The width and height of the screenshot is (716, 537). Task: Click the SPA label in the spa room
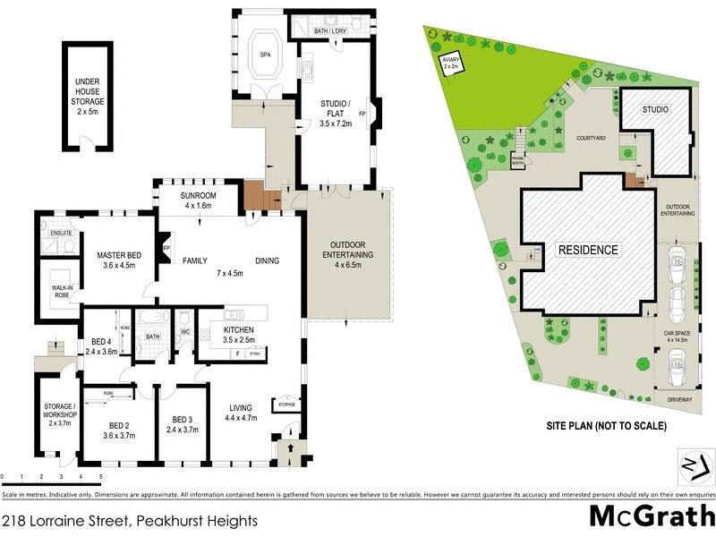266,55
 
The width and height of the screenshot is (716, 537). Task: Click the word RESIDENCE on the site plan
588,250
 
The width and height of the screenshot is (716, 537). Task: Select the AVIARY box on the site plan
449,63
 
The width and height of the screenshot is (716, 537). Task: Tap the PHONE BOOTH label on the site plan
517,159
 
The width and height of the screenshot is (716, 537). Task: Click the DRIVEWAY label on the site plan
677,399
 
